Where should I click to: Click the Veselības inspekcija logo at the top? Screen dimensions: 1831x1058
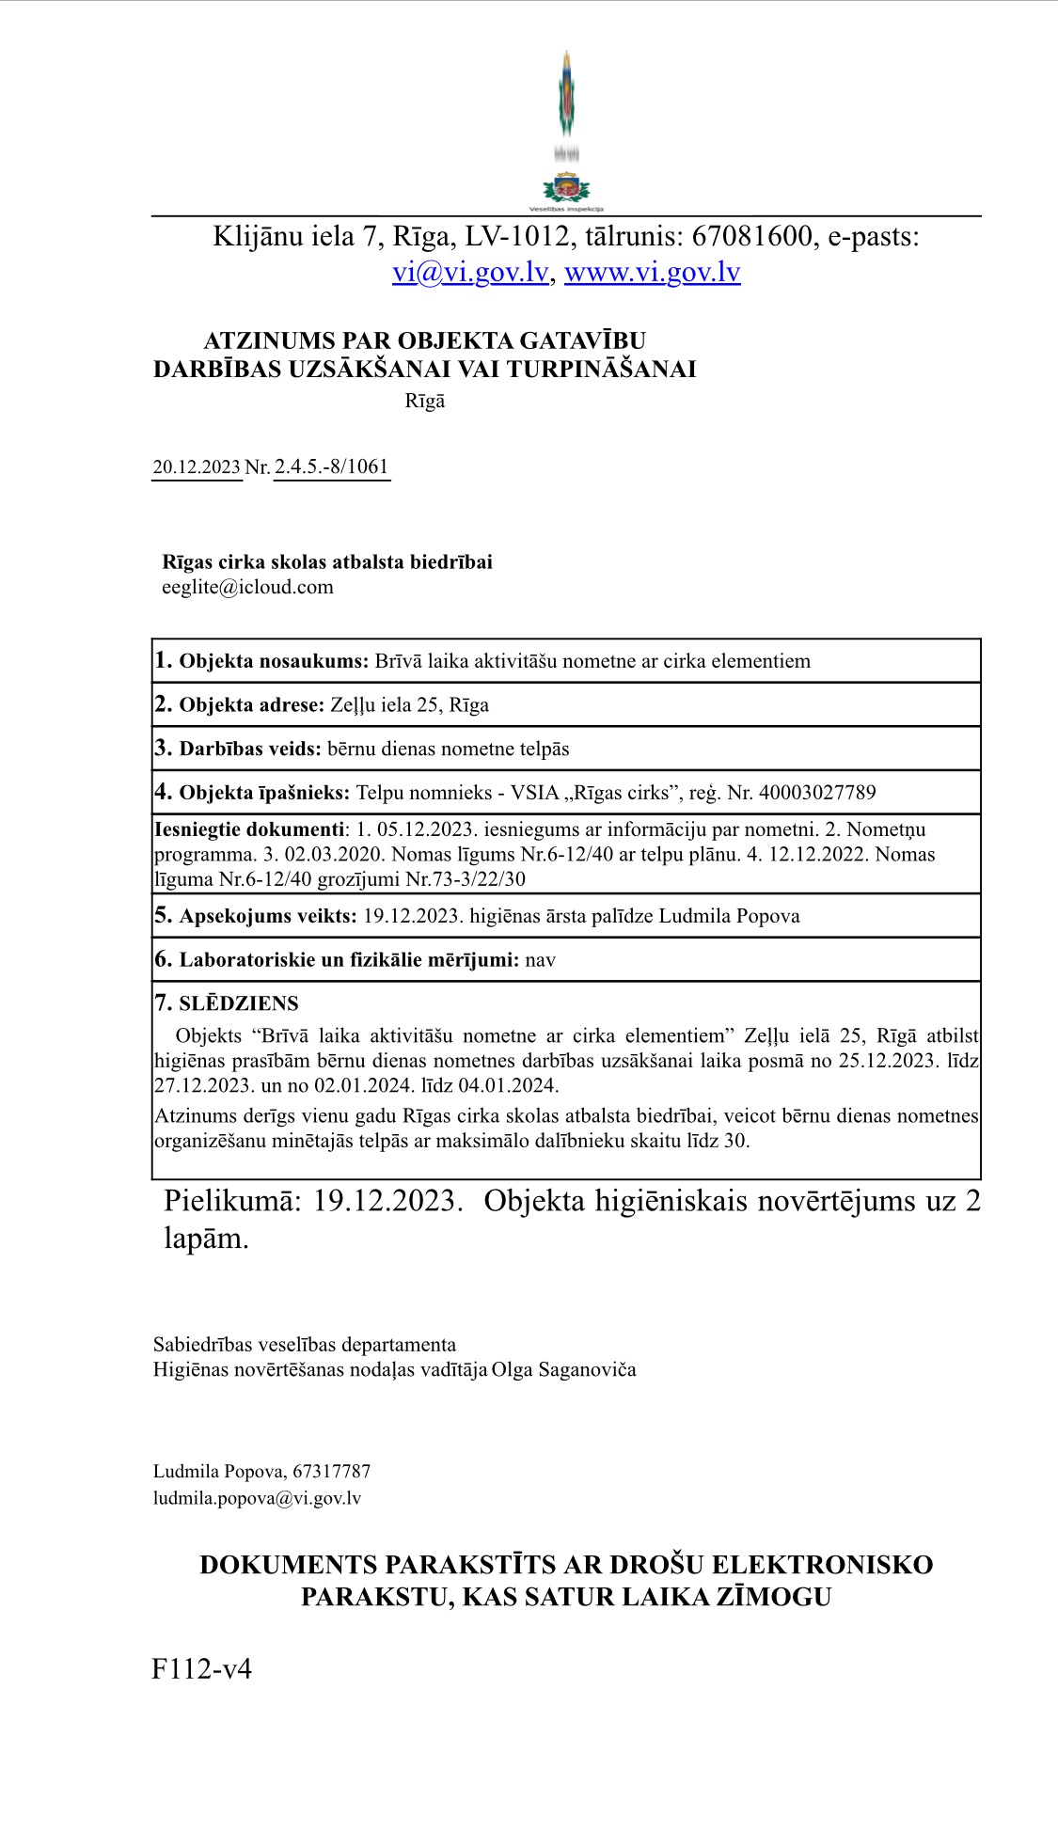click(x=566, y=132)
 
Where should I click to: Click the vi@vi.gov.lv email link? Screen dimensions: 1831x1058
click(x=470, y=273)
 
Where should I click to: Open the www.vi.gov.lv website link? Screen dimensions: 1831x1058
click(x=652, y=273)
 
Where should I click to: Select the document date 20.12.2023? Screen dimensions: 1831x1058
click(x=197, y=467)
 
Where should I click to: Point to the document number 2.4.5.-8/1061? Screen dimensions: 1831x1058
click(x=331, y=467)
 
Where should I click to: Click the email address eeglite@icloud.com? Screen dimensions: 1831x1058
click(x=247, y=588)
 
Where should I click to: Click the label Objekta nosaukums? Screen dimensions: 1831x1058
click(x=273, y=661)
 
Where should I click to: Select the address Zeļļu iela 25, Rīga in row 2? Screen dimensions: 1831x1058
click(x=409, y=705)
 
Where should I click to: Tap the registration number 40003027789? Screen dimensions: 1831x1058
click(x=816, y=793)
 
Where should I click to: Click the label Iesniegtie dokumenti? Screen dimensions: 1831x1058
click(x=249, y=829)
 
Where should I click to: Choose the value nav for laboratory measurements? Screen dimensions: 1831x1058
click(x=541, y=960)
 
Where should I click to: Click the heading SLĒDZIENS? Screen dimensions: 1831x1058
click(x=239, y=1003)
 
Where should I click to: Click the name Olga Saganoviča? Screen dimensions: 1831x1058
click(x=563, y=1370)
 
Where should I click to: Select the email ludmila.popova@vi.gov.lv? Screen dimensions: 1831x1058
click(x=257, y=1499)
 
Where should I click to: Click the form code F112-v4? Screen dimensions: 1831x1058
click(x=201, y=1670)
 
